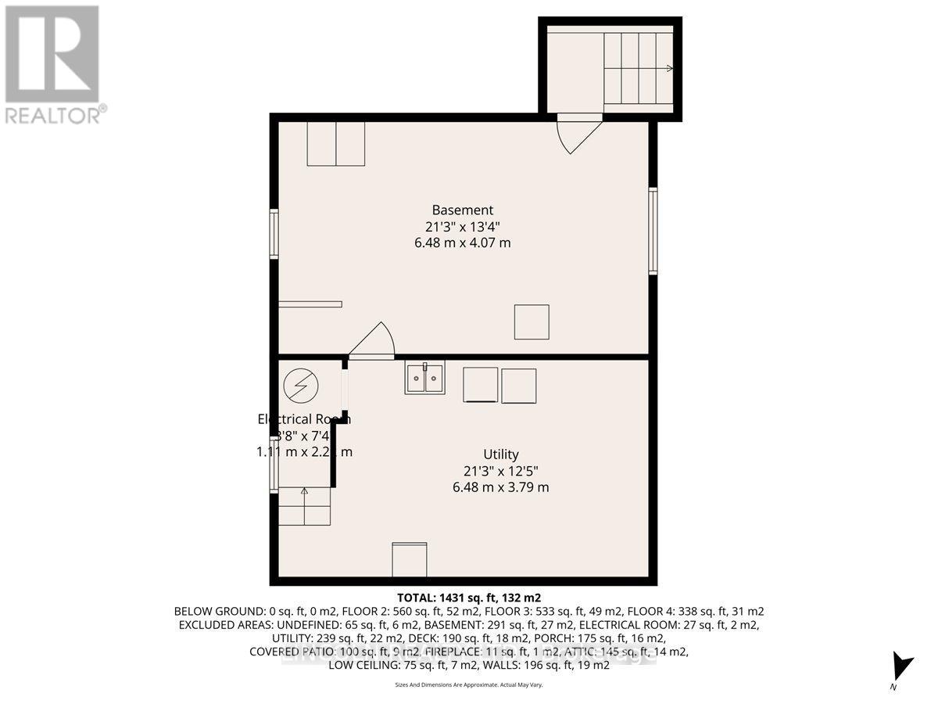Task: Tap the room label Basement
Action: pos(462,210)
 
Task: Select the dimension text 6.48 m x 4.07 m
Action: pos(462,243)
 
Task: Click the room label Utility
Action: pos(500,454)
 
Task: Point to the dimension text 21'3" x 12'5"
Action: pos(500,470)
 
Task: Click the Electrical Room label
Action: pos(304,418)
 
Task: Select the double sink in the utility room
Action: pos(424,379)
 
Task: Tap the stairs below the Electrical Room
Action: pos(305,506)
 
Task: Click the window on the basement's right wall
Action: pos(653,230)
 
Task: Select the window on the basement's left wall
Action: pos(274,233)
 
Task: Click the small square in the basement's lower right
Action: pos(532,321)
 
